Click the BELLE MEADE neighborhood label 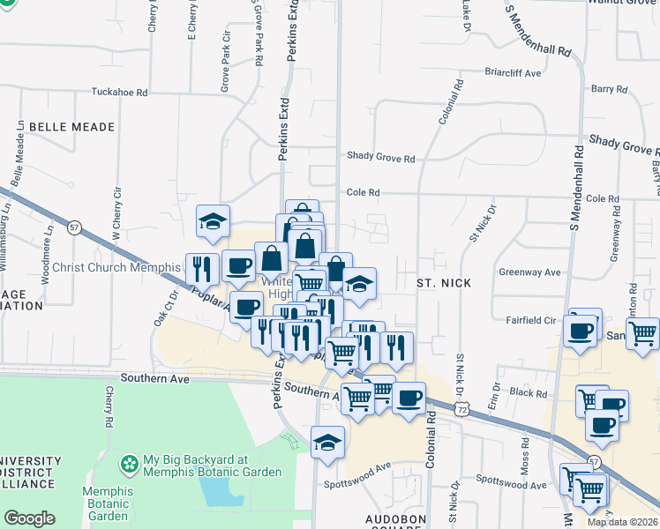[72, 127]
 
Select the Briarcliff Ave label [513, 73]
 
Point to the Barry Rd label [609, 89]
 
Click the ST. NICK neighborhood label [444, 283]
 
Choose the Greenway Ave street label [530, 272]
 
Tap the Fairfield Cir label [531, 321]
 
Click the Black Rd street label [529, 393]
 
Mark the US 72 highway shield [462, 408]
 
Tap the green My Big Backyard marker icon [131, 463]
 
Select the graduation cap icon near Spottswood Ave [327, 441]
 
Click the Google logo [29, 518]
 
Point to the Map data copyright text [623, 522]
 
